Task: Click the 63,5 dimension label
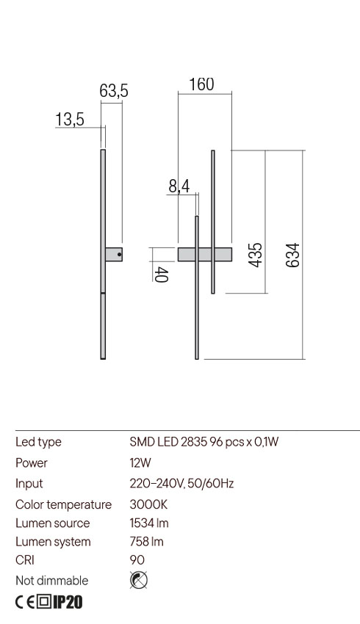pyautogui.click(x=114, y=91)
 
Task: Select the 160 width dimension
pyautogui.click(x=201, y=84)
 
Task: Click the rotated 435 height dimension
pyautogui.click(x=255, y=254)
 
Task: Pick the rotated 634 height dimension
pyautogui.click(x=292, y=255)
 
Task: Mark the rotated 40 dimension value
pyautogui.click(x=162, y=275)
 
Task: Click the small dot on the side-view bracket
pyautogui.click(x=120, y=254)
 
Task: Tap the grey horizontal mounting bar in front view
pyautogui.click(x=205, y=254)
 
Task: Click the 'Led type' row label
pyautogui.click(x=38, y=442)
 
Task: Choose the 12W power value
pyautogui.click(x=140, y=463)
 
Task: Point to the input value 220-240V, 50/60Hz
pyautogui.click(x=181, y=484)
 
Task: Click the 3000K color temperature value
pyautogui.click(x=148, y=504)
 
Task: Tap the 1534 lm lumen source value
pyautogui.click(x=150, y=523)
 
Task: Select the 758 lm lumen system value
pyautogui.click(x=145, y=543)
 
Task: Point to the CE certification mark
pyautogui.click(x=24, y=603)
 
